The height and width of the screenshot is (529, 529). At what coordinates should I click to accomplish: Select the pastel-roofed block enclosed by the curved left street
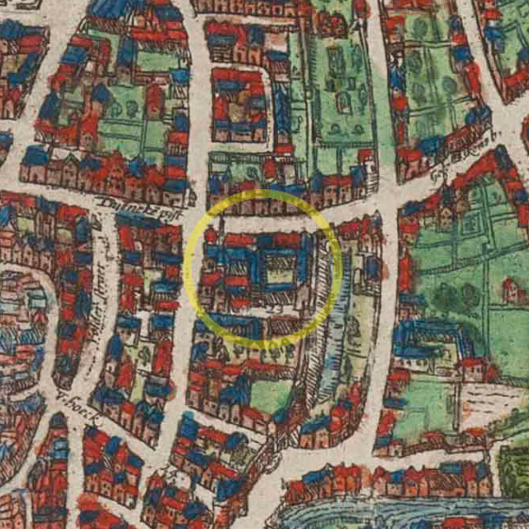[x=21, y=317]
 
